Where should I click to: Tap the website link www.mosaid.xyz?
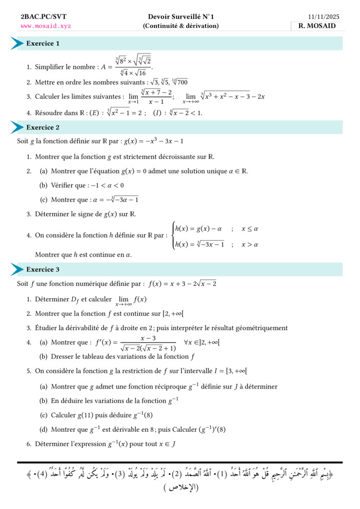(46, 26)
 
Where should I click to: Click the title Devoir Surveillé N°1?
(181, 17)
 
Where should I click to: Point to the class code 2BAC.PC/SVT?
(44, 17)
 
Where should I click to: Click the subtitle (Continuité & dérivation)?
(181, 26)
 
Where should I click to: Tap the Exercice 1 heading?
(43, 44)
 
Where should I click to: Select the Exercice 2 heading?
(43, 128)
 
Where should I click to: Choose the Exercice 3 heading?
(43, 269)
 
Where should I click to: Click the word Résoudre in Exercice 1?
(49, 113)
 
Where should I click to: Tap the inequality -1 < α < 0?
(104, 186)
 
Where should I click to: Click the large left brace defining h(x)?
(172, 236)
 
